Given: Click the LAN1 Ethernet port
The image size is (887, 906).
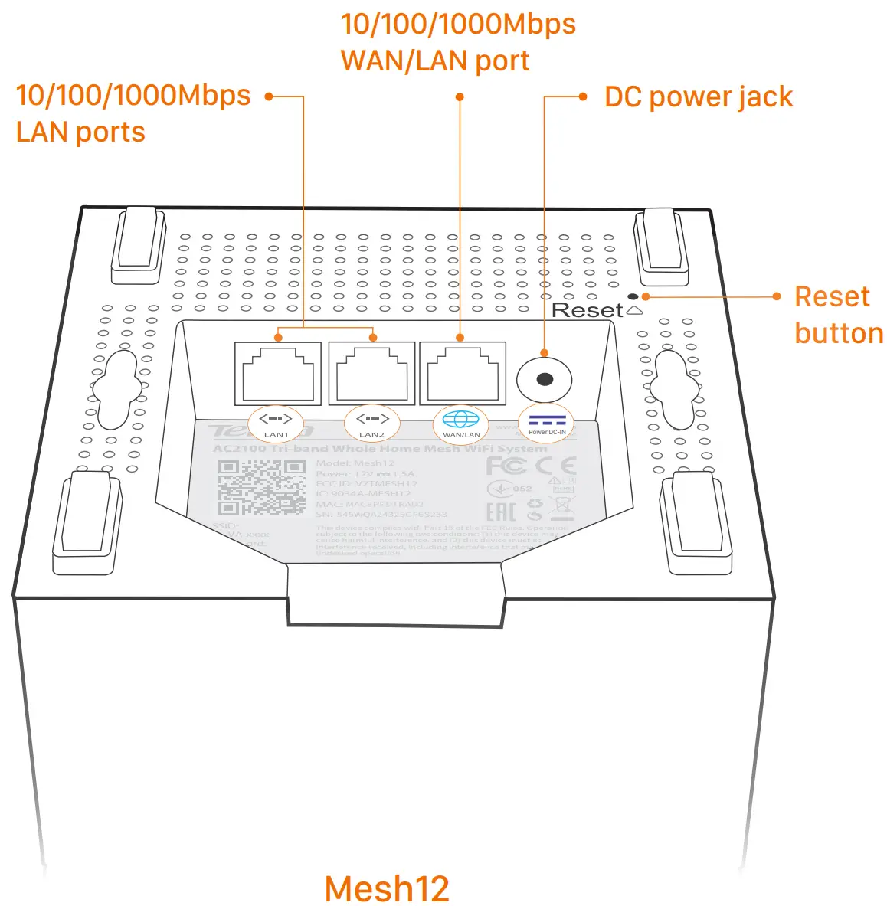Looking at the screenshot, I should click(277, 374).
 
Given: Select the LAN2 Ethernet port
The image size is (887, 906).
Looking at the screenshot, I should click(371, 374).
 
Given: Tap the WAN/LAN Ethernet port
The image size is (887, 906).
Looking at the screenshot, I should click(462, 374).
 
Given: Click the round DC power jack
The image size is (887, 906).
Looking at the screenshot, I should click(545, 379).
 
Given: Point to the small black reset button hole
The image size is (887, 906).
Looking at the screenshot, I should click(633, 296).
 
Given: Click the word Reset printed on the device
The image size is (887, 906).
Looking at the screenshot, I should click(587, 310).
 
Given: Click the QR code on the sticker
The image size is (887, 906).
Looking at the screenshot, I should click(261, 487).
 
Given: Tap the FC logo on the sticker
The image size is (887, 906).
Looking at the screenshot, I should click(506, 466).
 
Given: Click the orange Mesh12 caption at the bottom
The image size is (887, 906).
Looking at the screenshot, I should click(387, 888).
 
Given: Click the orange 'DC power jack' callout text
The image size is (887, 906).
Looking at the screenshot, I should click(698, 97).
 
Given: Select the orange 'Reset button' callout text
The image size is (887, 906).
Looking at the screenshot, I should click(838, 315).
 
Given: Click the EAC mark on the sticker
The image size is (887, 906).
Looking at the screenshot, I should click(501, 512).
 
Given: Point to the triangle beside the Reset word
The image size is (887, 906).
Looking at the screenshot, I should click(634, 310).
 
